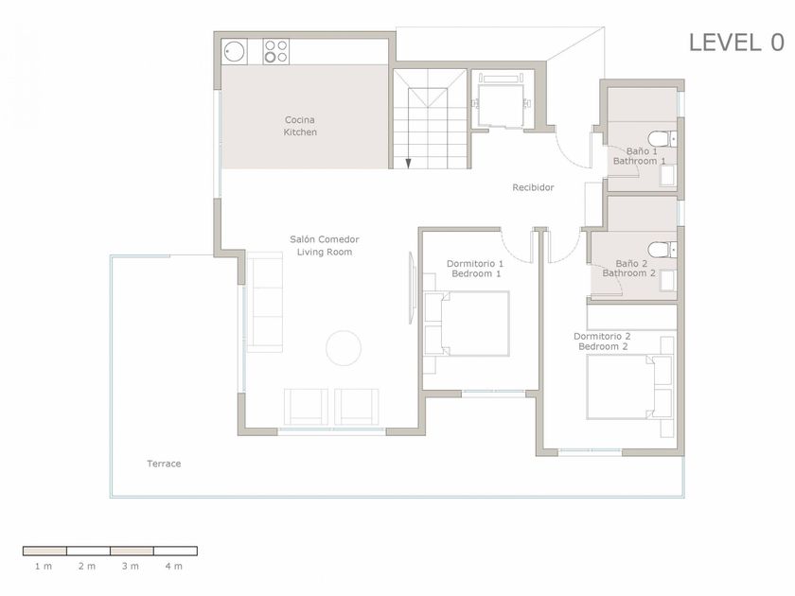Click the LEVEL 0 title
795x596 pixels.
point(736,43)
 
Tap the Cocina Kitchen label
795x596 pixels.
point(300,126)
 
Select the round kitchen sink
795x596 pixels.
point(235,52)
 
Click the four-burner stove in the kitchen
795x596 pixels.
point(275,52)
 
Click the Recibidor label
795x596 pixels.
point(533,187)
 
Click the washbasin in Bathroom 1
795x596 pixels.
point(668,175)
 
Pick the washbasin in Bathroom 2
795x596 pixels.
point(667,280)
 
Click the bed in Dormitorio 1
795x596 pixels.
point(467,324)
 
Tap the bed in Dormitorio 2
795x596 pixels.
point(629,387)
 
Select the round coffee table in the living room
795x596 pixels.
point(344,348)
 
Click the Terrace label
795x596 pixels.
point(164,464)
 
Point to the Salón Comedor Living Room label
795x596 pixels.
point(325,246)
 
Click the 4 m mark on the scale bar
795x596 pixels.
point(173,567)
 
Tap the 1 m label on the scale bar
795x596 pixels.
point(44,567)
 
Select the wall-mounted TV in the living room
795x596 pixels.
point(412,288)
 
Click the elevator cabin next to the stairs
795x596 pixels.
point(502,105)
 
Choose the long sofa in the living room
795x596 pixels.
point(264,302)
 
